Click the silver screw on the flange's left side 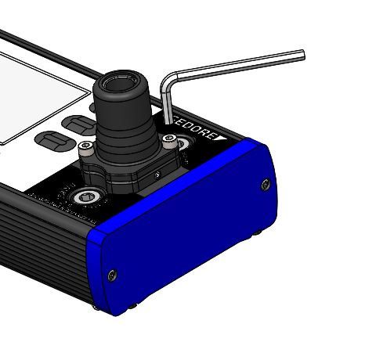click(x=90, y=148)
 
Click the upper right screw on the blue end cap click(x=266, y=185)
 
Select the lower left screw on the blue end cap click(x=112, y=274)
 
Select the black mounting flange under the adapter click(x=129, y=172)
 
